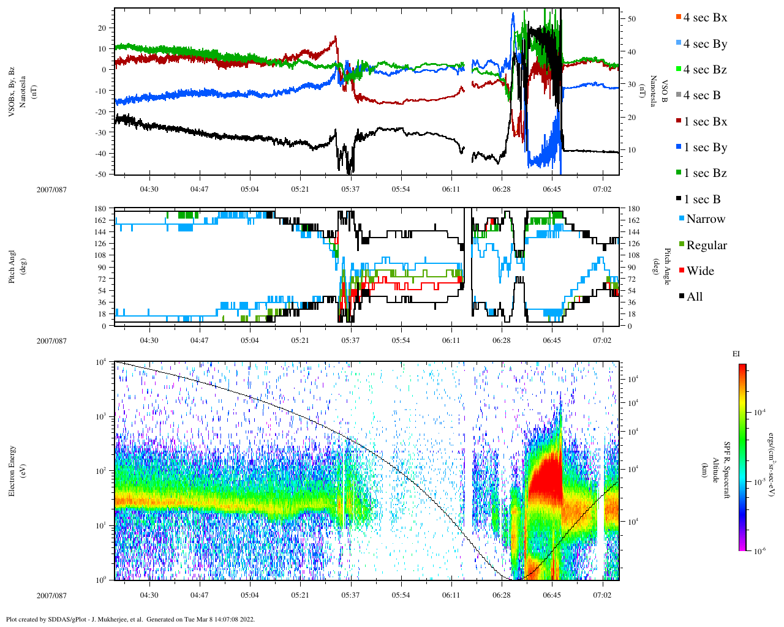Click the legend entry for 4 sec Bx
pos(705,18)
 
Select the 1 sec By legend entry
pos(705,148)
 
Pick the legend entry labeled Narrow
pos(705,219)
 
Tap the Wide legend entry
pos(700,271)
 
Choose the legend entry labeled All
pos(695,297)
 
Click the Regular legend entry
pos(706,246)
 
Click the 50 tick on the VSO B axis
pos(632,19)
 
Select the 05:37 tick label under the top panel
pos(350,189)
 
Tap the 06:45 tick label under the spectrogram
pos(552,595)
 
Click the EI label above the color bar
pos(737,353)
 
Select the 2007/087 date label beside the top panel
pos(51,189)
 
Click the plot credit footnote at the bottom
pos(130,619)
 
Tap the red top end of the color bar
pos(742,367)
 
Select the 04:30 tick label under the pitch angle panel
pos(149,340)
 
